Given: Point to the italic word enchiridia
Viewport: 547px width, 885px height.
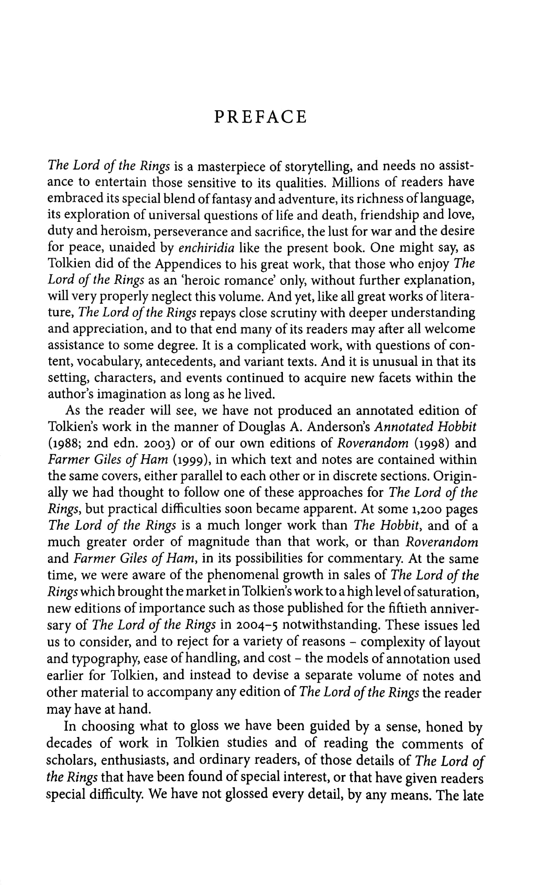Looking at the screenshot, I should pyautogui.click(x=206, y=248).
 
